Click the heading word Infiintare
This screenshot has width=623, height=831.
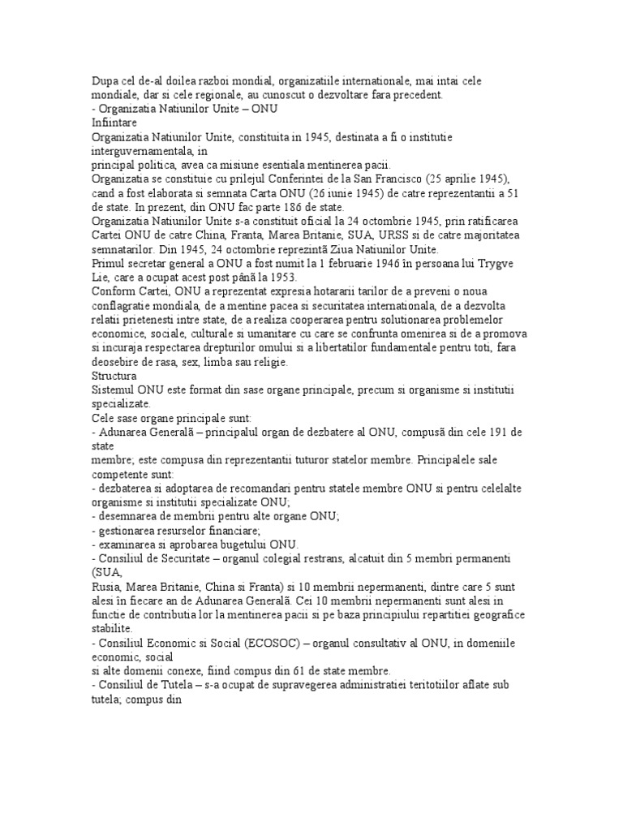115,122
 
